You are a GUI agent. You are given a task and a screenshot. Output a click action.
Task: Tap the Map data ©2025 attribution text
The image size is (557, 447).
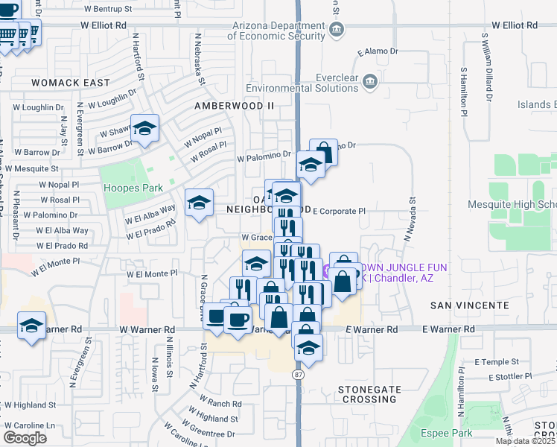525,441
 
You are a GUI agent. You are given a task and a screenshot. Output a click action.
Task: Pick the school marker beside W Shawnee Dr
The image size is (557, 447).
145,128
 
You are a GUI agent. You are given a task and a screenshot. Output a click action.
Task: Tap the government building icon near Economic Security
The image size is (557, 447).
337,31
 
